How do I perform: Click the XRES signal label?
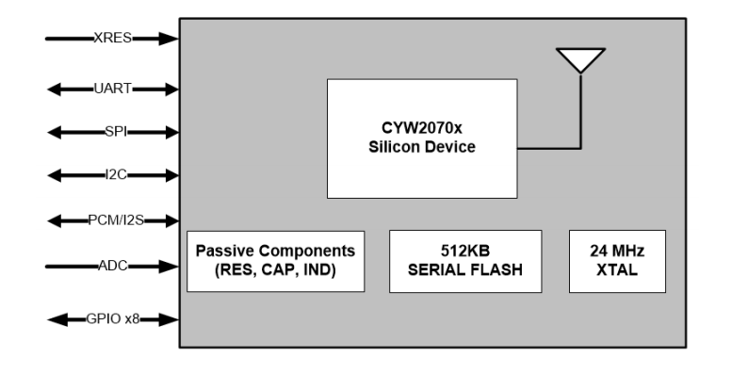point(111,39)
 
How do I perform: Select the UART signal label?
point(112,89)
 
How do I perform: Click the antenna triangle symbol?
point(579,59)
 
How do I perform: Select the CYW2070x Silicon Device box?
point(421,138)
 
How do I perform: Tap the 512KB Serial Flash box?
point(465,261)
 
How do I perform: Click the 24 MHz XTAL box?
point(617,261)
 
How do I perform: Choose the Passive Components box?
point(275,261)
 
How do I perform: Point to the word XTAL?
point(617,270)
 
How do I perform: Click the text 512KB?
point(465,252)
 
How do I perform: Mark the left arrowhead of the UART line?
point(53,89)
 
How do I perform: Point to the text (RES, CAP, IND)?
point(275,270)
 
